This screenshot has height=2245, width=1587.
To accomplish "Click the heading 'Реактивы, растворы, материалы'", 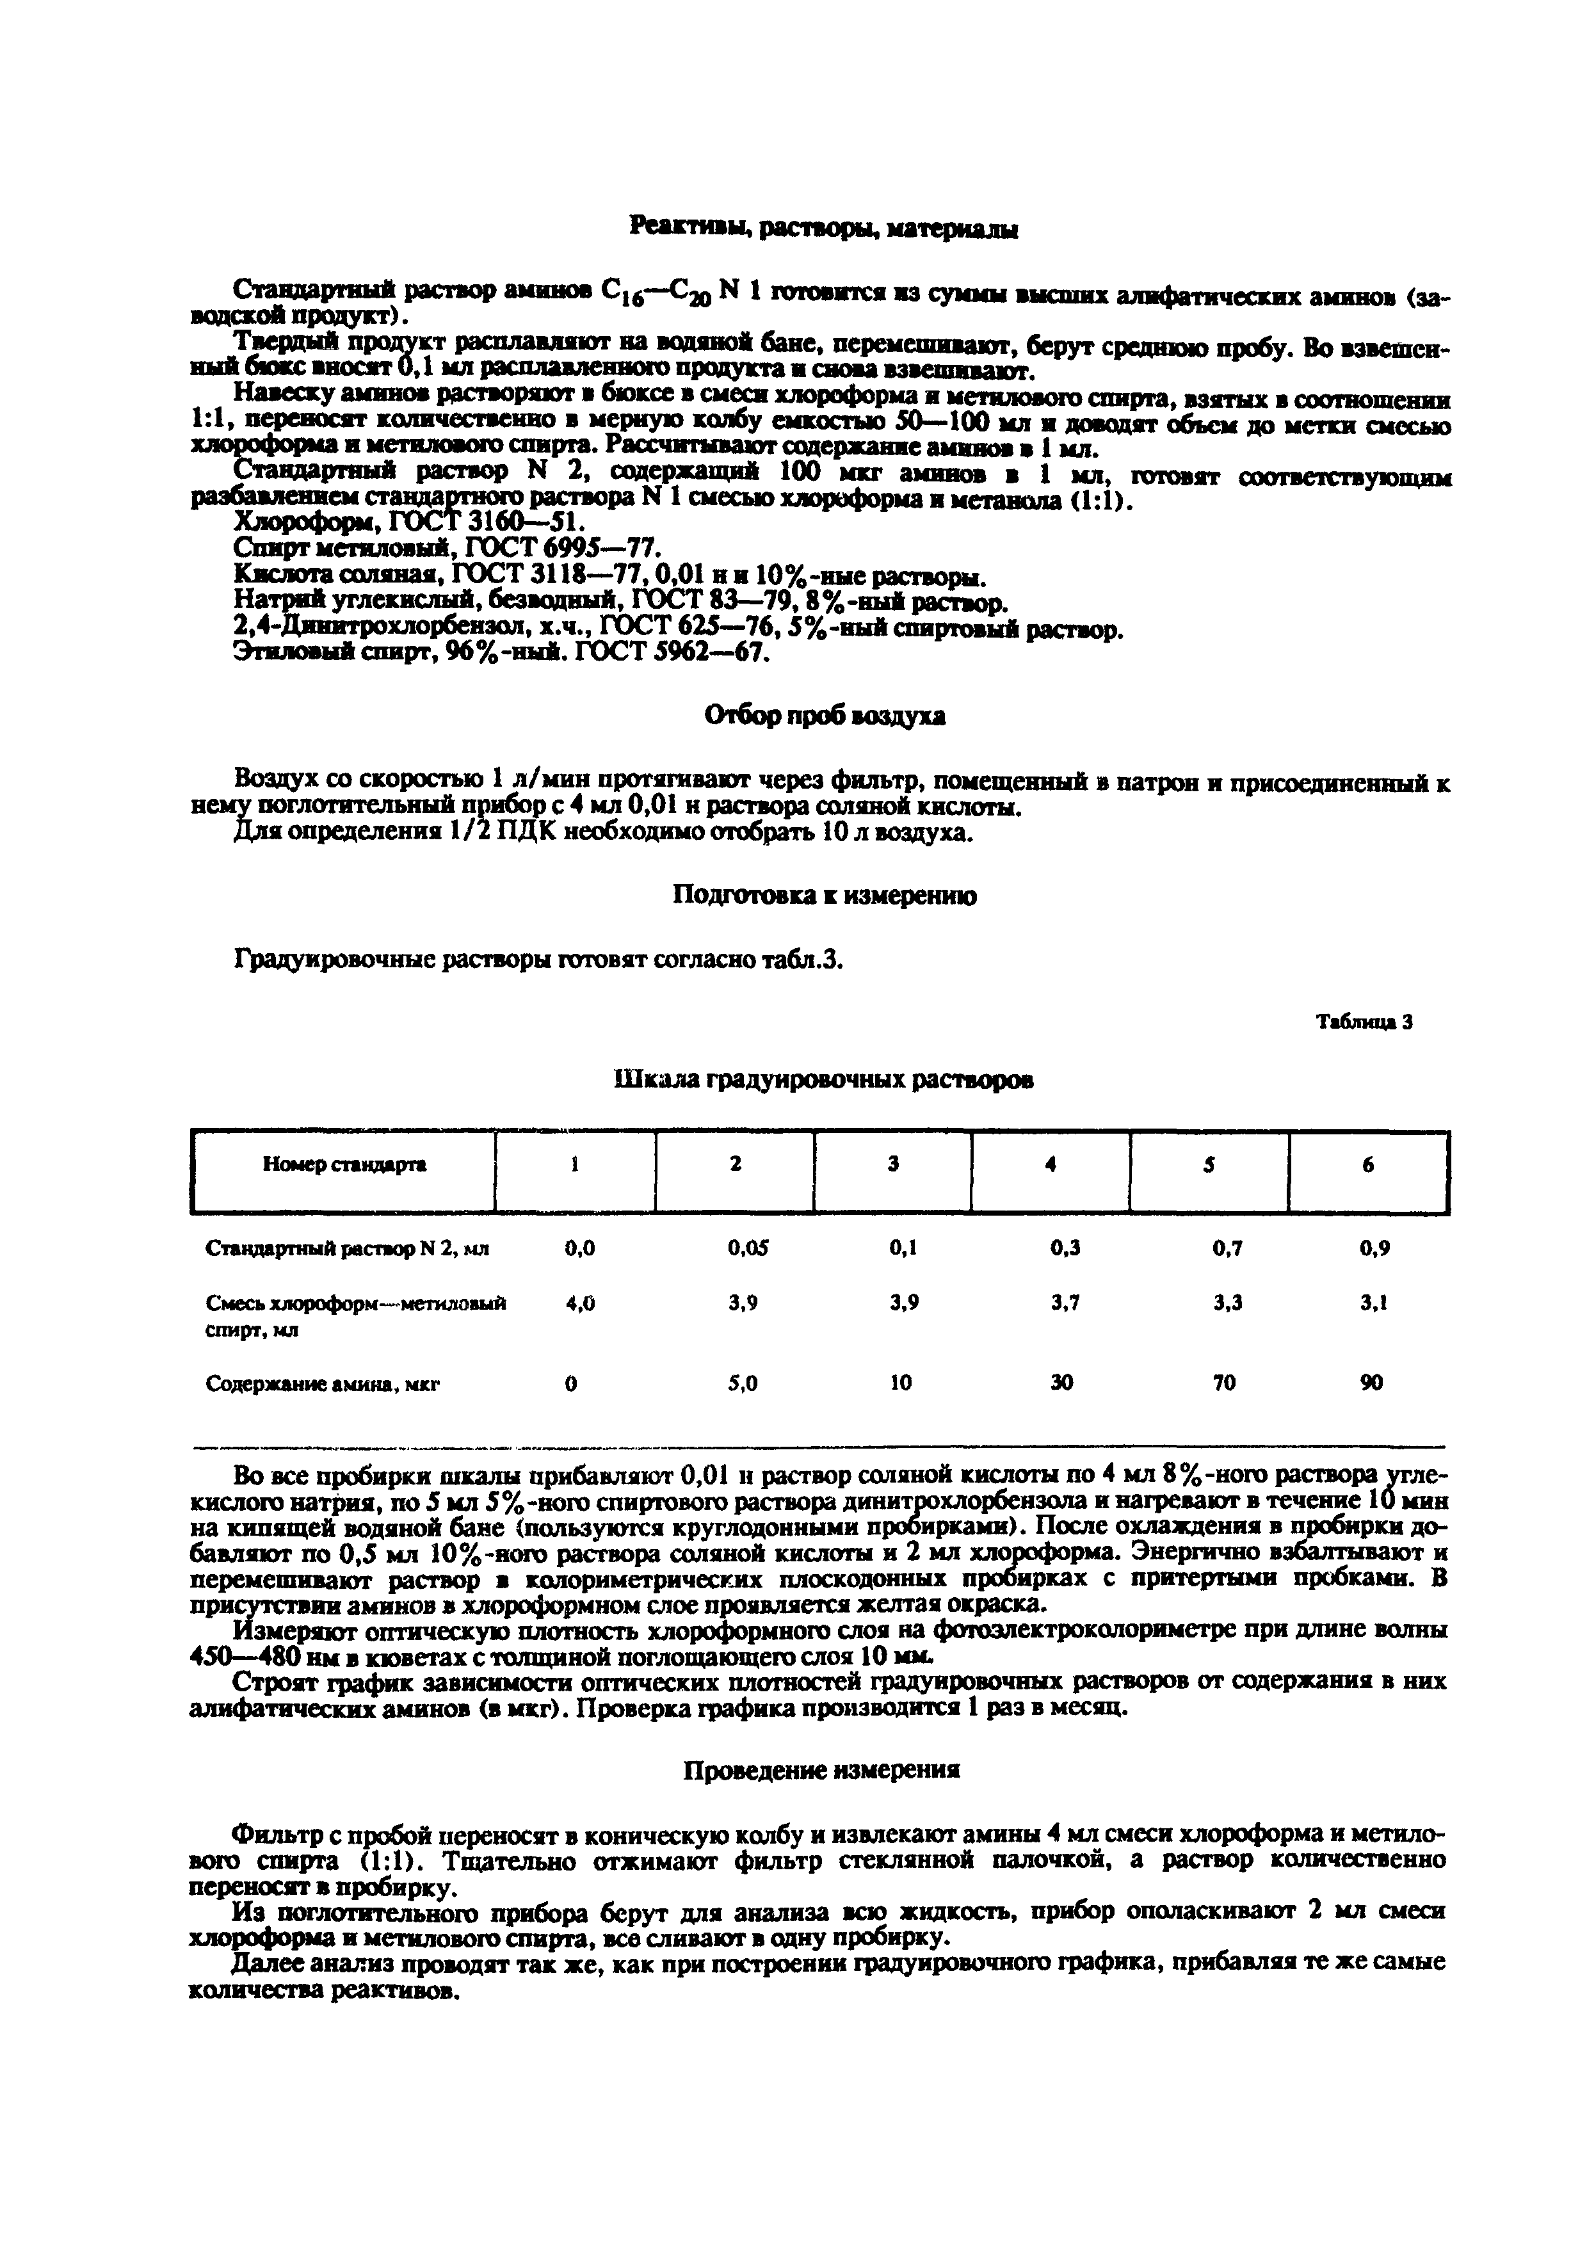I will (x=823, y=229).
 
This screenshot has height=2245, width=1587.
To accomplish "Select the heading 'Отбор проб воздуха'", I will (x=825, y=717).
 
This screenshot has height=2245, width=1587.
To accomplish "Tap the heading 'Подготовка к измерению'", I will (x=825, y=896).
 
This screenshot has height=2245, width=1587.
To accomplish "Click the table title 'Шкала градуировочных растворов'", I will (x=823, y=1079).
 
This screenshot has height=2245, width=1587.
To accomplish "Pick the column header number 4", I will (x=1050, y=1164).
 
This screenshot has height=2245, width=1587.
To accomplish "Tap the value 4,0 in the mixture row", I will (x=580, y=1303).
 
